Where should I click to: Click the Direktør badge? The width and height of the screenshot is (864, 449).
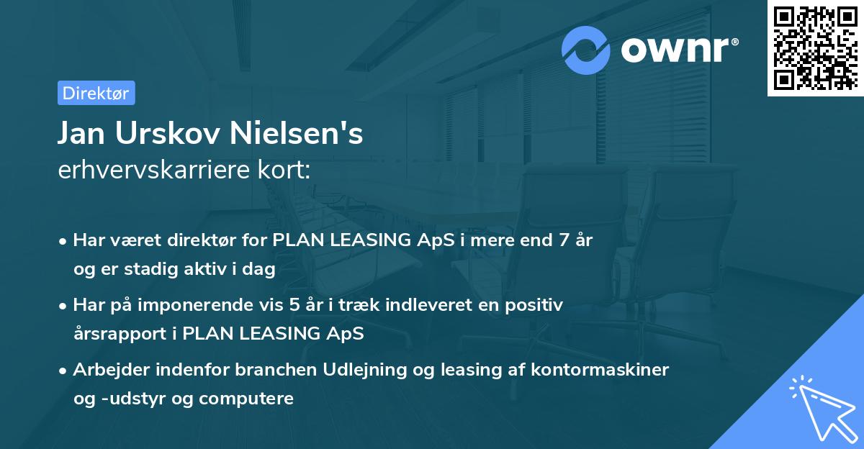pyautogui.click(x=96, y=93)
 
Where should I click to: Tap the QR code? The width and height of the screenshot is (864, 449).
pyautogui.click(x=815, y=47)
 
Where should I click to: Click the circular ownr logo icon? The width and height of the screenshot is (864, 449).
pyautogui.click(x=586, y=50)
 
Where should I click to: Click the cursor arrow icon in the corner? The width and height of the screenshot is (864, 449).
pyautogui.click(x=820, y=409)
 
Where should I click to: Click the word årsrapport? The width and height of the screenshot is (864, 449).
pyautogui.click(x=124, y=333)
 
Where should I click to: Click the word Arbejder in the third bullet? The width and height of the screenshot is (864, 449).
pyautogui.click(x=106, y=370)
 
